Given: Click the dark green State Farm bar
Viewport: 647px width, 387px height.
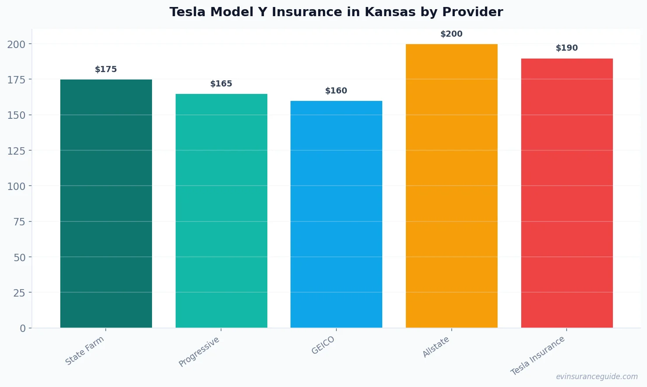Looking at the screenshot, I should click(x=106, y=204).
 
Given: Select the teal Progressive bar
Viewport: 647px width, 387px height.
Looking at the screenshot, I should click(x=221, y=211).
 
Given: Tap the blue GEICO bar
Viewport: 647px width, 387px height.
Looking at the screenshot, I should click(x=336, y=214).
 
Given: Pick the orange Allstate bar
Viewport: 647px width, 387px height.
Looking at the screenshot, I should click(x=452, y=186).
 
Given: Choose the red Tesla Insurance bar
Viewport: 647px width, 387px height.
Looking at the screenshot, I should click(x=567, y=193).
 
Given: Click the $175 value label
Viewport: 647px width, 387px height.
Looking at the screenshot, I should click(x=106, y=69).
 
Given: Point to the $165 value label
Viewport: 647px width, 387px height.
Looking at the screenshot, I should click(x=221, y=84).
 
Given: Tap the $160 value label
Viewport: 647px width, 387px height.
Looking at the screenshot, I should click(x=336, y=91).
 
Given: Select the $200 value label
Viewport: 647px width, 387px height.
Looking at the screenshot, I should click(x=451, y=34).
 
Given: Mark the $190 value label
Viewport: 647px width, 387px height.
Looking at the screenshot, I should click(x=567, y=48).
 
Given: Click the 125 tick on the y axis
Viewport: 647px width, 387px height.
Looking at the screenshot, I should click(x=16, y=151).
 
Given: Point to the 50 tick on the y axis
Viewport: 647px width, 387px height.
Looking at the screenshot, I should click(x=19, y=257).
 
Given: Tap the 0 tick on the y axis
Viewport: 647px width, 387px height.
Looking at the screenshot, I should click(x=23, y=328).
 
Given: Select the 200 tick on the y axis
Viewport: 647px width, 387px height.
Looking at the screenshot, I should click(x=16, y=44).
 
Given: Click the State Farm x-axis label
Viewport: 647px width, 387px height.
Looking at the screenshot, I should click(x=85, y=350).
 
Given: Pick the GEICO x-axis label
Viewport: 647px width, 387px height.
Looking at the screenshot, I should click(x=323, y=345).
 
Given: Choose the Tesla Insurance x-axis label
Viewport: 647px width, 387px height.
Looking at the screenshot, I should click(x=538, y=356).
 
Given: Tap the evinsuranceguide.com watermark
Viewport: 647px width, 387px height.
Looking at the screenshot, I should click(x=597, y=377).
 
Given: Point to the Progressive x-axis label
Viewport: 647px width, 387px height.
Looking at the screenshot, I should click(x=199, y=352).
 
